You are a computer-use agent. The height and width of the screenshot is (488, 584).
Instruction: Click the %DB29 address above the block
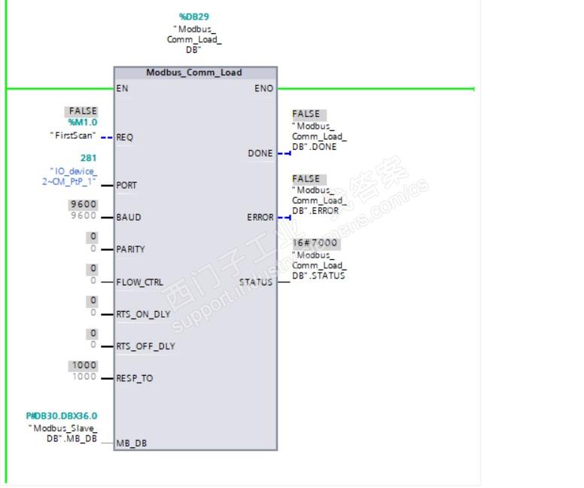coord(194,16)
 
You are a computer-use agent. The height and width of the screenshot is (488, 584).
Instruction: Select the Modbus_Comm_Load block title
coord(194,72)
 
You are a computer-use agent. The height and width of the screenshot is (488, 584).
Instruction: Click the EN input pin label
coord(122,88)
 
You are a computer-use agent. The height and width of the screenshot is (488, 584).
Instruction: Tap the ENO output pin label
coord(264,88)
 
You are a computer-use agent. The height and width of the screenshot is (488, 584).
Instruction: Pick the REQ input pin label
coord(125,137)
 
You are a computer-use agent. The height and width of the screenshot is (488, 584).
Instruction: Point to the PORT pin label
coord(127,185)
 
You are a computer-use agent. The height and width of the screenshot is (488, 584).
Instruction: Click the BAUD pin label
coord(129,217)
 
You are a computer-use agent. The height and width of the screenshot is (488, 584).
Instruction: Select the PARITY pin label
coord(131,249)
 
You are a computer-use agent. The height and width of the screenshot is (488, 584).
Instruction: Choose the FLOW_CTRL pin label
coord(139,282)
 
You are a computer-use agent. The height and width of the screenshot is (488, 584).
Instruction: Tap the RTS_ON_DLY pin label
coord(143,314)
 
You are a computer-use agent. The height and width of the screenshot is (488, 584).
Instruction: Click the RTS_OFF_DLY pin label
coord(145,346)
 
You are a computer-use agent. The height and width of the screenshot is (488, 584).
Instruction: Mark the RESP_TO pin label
coord(135,378)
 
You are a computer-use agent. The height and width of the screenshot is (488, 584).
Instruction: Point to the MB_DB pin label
coord(132,443)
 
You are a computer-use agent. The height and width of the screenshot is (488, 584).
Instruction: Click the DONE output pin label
coord(260,153)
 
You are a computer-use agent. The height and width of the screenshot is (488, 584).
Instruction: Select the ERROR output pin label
coord(260,218)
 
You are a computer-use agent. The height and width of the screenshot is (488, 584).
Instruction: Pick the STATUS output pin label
coord(256,282)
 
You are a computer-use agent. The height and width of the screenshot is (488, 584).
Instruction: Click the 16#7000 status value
coord(315,244)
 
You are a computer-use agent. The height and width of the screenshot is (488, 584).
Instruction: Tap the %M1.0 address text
coord(83,122)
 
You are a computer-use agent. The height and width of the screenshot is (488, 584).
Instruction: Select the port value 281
coord(89,158)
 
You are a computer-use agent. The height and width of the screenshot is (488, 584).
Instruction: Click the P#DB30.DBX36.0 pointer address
coord(62,416)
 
